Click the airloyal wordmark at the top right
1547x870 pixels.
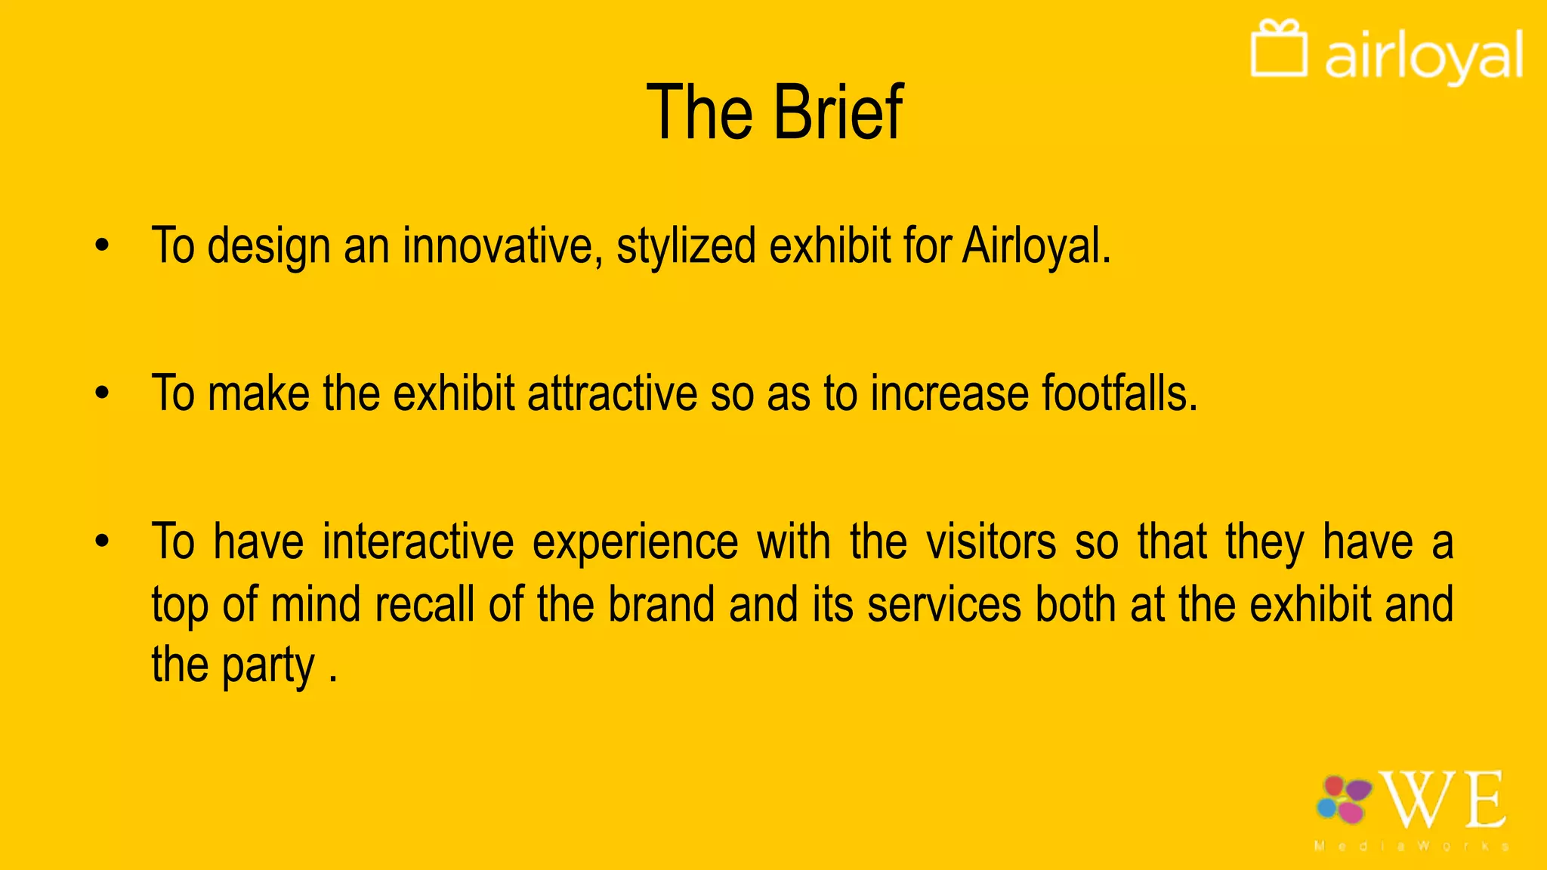[x=1423, y=56]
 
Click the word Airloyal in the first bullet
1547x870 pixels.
[x=1036, y=246]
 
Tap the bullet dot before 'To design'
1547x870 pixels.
[x=103, y=245]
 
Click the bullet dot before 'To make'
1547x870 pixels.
[x=103, y=393]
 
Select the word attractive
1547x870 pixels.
[x=612, y=393]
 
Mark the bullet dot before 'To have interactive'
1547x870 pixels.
[x=103, y=541]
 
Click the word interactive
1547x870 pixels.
[x=418, y=541]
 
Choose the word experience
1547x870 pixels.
[x=635, y=541]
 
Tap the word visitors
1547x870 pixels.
[x=990, y=541]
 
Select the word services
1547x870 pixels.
[x=944, y=605]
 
